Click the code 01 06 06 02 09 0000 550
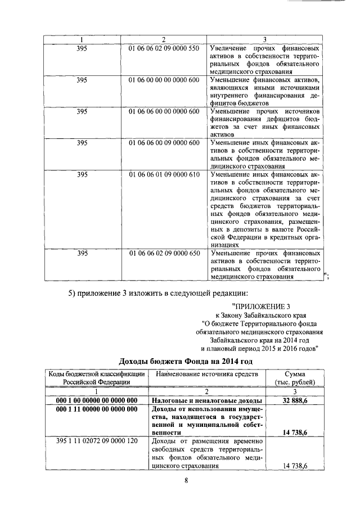pos(164,48)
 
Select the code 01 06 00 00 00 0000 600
pos(164,80)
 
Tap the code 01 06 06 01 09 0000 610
pos(164,174)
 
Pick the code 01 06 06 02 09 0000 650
pos(164,254)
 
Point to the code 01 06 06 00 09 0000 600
pos(164,143)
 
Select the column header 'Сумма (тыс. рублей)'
pos(299,378)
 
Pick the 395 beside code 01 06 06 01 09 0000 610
pos(82,174)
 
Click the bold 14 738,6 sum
pos(299,433)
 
